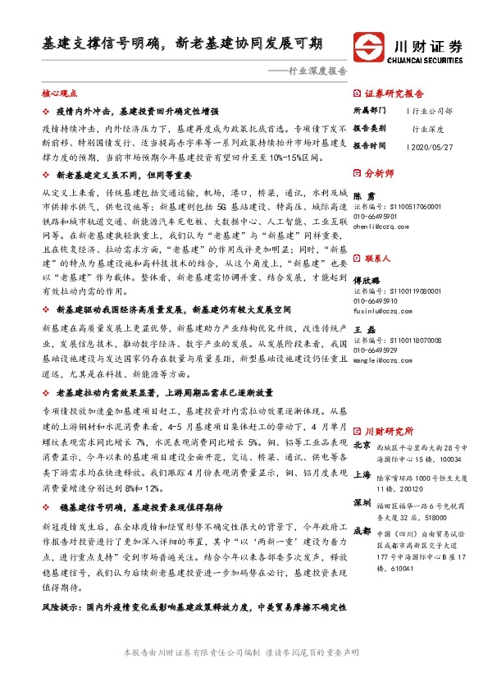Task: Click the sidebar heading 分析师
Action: coord(380,173)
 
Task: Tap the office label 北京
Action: coord(361,445)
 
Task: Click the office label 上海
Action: coord(361,474)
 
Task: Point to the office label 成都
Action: coord(361,531)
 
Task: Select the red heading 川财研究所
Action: coord(389,431)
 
